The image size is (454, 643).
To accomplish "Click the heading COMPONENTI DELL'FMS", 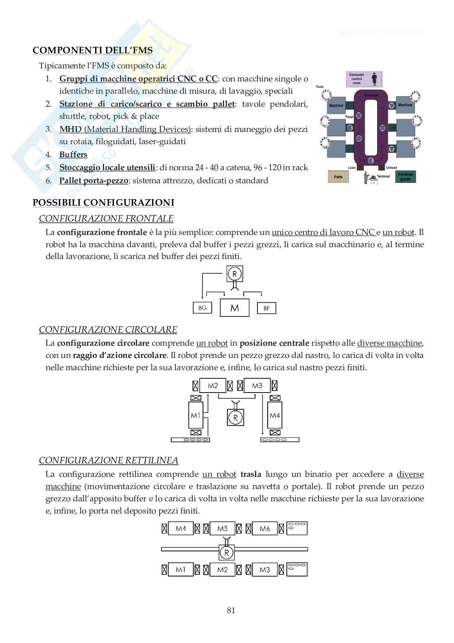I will pos(92,50).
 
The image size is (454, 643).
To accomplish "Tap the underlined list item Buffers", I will pos(73,154).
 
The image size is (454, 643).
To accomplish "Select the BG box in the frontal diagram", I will pos(203,308).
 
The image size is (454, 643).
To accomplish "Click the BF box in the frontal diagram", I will pos(266,308).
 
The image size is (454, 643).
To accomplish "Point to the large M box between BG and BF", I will pos(235,308).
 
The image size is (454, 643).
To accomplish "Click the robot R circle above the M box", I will pos(235,273).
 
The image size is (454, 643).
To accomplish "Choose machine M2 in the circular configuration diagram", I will pos(213,386).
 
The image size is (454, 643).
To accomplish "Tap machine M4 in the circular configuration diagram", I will pos(275,415).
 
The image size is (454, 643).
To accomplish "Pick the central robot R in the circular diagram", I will pos(235,417).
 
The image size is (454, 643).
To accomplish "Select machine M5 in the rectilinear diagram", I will pos(223,529).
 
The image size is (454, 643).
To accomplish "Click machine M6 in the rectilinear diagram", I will pos(264,529).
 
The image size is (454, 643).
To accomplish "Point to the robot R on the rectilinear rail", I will pos(227,552).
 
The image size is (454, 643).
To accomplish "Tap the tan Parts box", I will pos(338,177).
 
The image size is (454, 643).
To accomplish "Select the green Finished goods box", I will pos(405,177).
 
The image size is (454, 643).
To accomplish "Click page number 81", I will pos(231,610).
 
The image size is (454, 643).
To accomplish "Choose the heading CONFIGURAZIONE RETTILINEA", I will pos(109,461).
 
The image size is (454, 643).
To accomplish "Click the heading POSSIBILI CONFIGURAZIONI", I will pos(103,203).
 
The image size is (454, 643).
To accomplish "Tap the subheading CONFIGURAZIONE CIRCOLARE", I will pos(108,329).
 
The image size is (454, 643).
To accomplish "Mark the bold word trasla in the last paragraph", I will pos(251,474).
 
